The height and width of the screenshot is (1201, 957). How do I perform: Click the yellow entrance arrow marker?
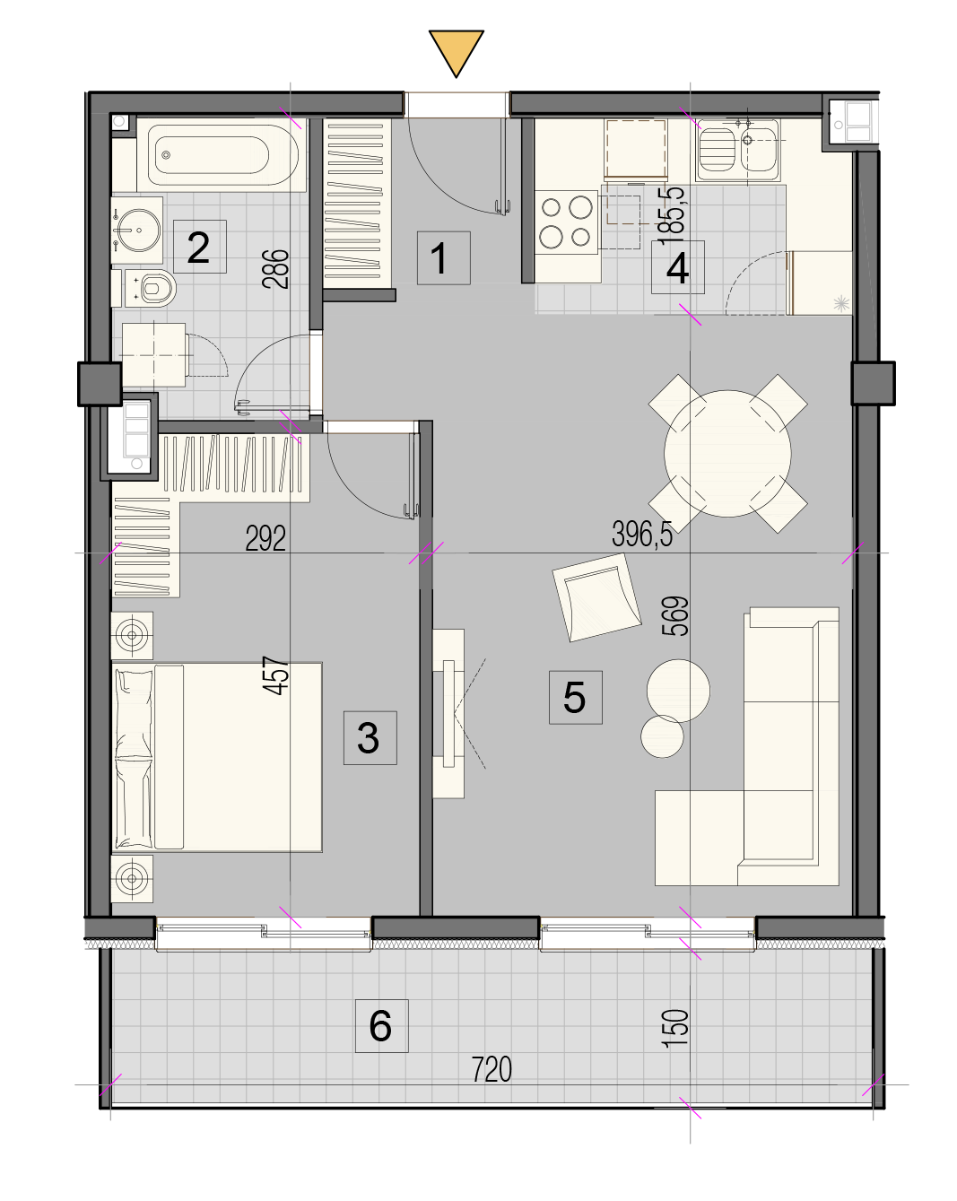click(x=456, y=52)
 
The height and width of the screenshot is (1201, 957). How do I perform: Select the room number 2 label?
click(x=199, y=247)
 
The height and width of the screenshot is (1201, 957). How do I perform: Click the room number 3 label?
click(x=370, y=738)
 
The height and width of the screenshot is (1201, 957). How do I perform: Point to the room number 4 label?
click(x=678, y=267)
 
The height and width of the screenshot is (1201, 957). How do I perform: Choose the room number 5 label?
click(x=575, y=698)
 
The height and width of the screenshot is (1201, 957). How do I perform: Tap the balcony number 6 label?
click(x=382, y=1026)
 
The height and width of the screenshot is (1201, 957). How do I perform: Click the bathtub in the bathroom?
click(x=222, y=154)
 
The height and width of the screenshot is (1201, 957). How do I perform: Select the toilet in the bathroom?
click(x=151, y=289)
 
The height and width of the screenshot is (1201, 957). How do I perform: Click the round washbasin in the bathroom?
click(x=136, y=230)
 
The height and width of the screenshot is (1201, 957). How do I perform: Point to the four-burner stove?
click(x=566, y=222)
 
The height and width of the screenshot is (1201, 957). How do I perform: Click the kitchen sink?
click(x=737, y=150)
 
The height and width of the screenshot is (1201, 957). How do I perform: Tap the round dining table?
click(x=727, y=453)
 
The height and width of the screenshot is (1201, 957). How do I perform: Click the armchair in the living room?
click(x=596, y=597)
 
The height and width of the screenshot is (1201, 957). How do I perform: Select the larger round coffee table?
click(x=678, y=691)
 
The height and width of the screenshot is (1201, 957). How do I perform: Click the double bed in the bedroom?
click(x=216, y=757)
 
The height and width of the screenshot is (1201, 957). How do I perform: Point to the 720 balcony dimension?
click(x=491, y=1069)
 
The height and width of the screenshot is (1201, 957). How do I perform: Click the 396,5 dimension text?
click(x=641, y=534)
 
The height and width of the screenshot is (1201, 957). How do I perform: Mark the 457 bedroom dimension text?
click(x=276, y=675)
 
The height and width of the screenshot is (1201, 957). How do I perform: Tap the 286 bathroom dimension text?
click(x=275, y=269)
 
